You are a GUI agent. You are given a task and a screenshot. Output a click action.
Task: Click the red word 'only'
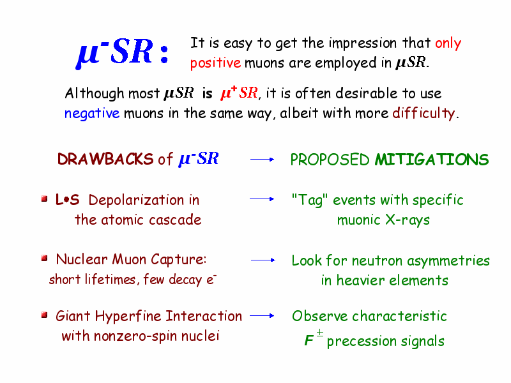point(448,43)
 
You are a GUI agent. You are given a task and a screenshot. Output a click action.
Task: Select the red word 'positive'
point(215,63)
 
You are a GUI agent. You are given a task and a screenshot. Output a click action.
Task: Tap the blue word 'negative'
point(92,114)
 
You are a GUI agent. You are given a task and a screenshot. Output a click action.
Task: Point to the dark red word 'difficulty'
point(423,113)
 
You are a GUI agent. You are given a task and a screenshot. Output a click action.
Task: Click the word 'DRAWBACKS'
point(105,159)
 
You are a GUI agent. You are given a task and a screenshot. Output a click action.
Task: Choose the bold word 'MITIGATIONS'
point(432,160)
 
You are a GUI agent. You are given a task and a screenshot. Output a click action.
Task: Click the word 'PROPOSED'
point(330,160)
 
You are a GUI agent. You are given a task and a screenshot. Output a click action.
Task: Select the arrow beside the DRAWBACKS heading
point(262,159)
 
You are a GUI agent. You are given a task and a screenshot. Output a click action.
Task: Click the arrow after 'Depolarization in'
point(262,199)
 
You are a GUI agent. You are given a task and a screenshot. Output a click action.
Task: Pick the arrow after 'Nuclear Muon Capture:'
point(263,260)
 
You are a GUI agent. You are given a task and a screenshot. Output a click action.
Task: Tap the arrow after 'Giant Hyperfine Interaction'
point(262,315)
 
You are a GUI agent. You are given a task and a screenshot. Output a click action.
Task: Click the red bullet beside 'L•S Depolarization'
point(44,199)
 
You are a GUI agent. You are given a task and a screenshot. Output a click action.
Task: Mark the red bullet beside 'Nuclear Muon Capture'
point(44,259)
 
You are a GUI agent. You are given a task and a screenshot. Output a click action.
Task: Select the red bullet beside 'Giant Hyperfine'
point(44,315)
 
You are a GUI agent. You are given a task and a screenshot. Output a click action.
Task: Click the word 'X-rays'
point(408,220)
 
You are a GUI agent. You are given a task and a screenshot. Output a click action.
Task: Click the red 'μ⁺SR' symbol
point(239,93)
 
